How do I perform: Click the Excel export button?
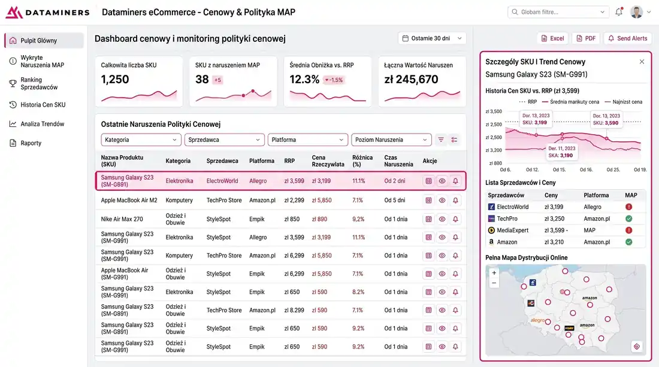552,38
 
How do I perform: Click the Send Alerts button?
627,38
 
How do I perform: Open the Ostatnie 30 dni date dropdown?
431,38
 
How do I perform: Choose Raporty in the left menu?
31,143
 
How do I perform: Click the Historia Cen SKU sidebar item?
43,105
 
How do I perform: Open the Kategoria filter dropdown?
141,139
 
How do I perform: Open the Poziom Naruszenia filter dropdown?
391,139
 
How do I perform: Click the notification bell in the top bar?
619,12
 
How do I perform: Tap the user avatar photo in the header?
636,12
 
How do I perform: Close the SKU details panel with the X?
642,62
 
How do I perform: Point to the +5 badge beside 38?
217,80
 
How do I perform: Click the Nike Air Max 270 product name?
122,219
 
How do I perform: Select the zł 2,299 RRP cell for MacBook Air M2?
294,201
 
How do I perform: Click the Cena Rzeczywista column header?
328,160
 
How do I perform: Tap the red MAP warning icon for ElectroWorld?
628,207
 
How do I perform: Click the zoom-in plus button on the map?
494,273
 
